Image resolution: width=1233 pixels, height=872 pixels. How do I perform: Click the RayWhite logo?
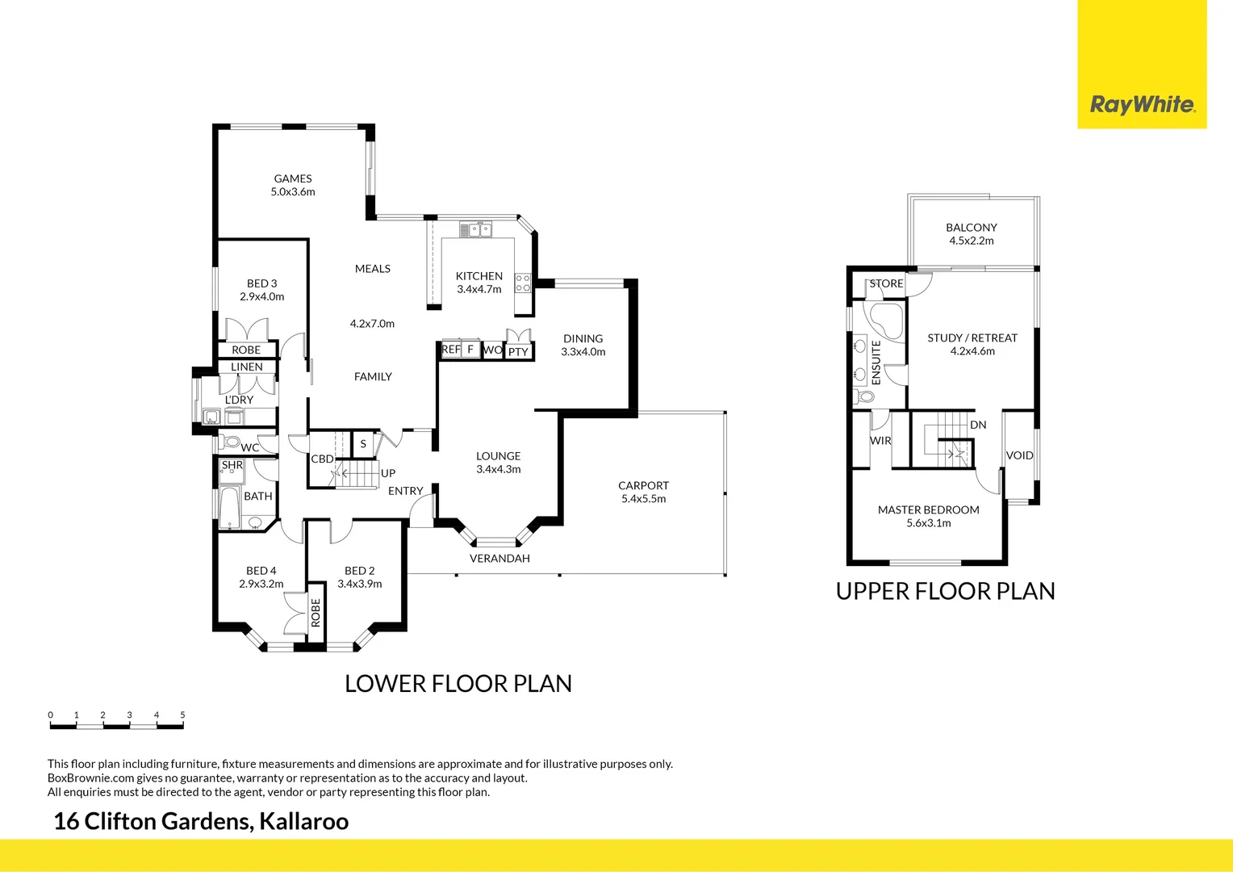click(1142, 105)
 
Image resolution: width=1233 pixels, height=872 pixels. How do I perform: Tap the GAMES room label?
click(292, 178)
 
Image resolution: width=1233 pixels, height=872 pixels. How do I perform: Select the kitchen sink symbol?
click(476, 230)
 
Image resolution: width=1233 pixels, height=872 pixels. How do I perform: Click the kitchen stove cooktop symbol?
click(523, 283)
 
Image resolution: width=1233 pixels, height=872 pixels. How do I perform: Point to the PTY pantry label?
click(518, 352)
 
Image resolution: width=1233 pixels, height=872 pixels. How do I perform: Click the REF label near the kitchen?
click(451, 350)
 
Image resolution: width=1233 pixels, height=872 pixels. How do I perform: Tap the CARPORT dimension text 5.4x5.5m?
click(643, 499)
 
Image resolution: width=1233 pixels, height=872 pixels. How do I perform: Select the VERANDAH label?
click(499, 558)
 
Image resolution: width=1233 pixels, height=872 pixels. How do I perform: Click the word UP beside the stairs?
click(388, 473)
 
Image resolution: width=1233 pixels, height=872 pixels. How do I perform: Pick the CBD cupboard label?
click(322, 459)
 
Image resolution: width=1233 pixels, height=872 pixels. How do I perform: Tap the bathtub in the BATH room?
click(229, 506)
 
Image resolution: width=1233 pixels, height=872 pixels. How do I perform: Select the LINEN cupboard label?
click(246, 367)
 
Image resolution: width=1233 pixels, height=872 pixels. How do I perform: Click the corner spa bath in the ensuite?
click(885, 321)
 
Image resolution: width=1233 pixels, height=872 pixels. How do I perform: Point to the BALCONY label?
click(972, 228)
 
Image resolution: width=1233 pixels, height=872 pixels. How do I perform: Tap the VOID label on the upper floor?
click(1019, 455)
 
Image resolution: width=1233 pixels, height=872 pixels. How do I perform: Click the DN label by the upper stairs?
click(978, 425)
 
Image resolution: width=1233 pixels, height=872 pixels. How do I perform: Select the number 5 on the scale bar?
click(182, 715)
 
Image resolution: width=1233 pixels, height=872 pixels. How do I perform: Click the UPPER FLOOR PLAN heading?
click(945, 591)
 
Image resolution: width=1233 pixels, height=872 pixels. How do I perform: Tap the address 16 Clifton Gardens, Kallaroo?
click(201, 821)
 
